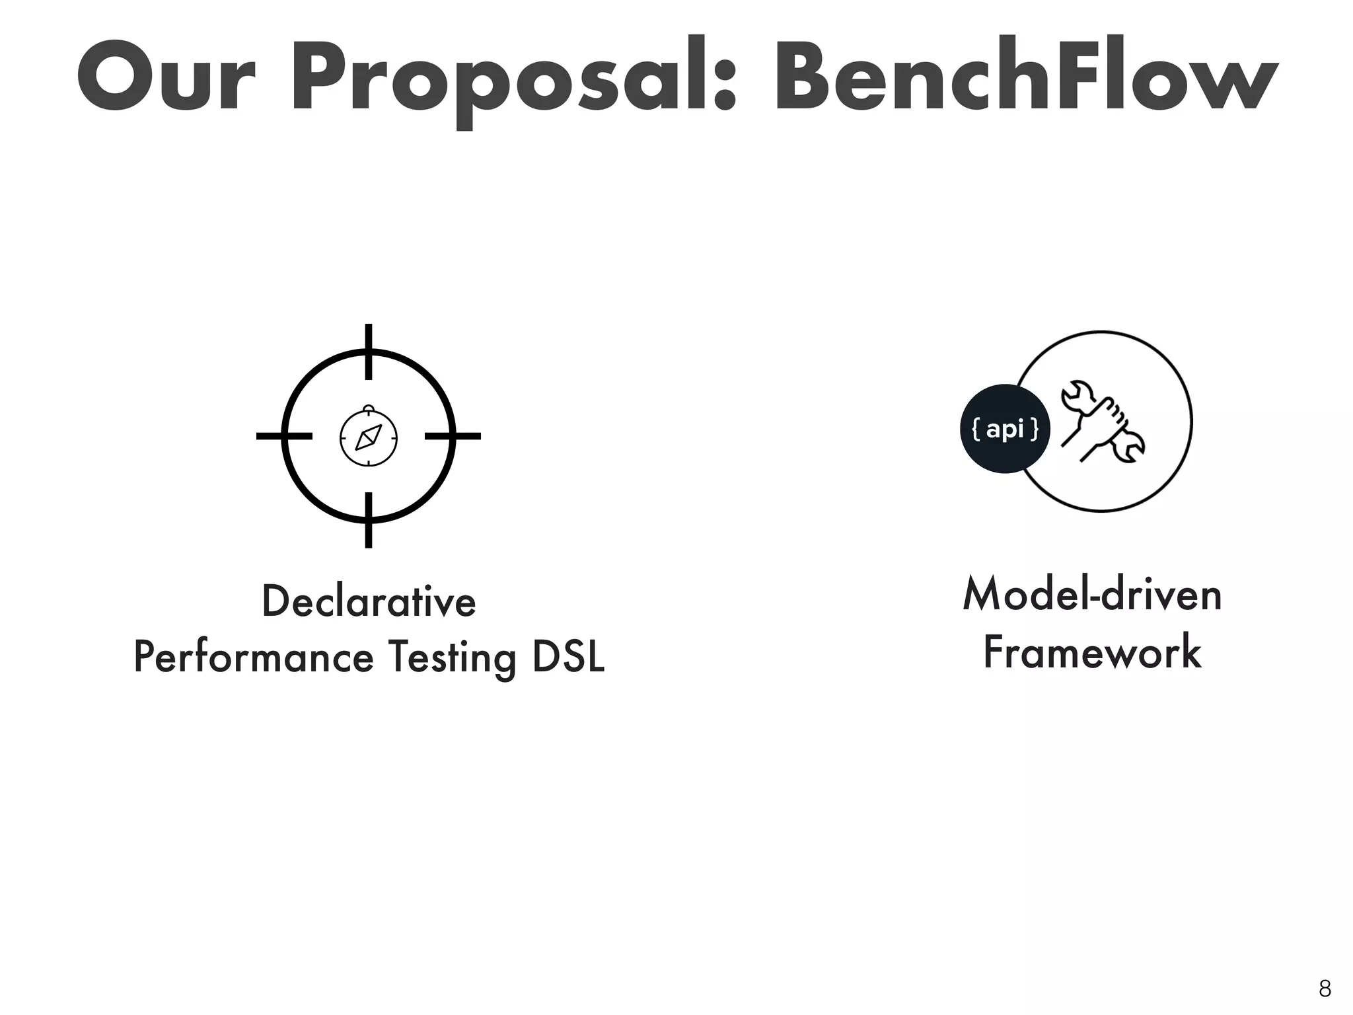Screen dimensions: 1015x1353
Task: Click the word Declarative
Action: coord(369,601)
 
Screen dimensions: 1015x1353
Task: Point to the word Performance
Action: coord(254,658)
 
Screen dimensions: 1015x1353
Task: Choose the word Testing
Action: coord(453,659)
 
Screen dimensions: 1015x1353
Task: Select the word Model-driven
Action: coord(1092,594)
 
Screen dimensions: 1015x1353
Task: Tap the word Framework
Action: coord(1092,652)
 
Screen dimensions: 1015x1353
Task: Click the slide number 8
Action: coord(1325,989)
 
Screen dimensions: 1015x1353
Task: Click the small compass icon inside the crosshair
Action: coord(369,437)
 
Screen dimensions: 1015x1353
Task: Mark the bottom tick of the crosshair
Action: coord(369,520)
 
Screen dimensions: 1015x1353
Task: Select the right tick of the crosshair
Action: coord(453,436)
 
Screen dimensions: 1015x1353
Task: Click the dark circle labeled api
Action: coord(1005,429)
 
